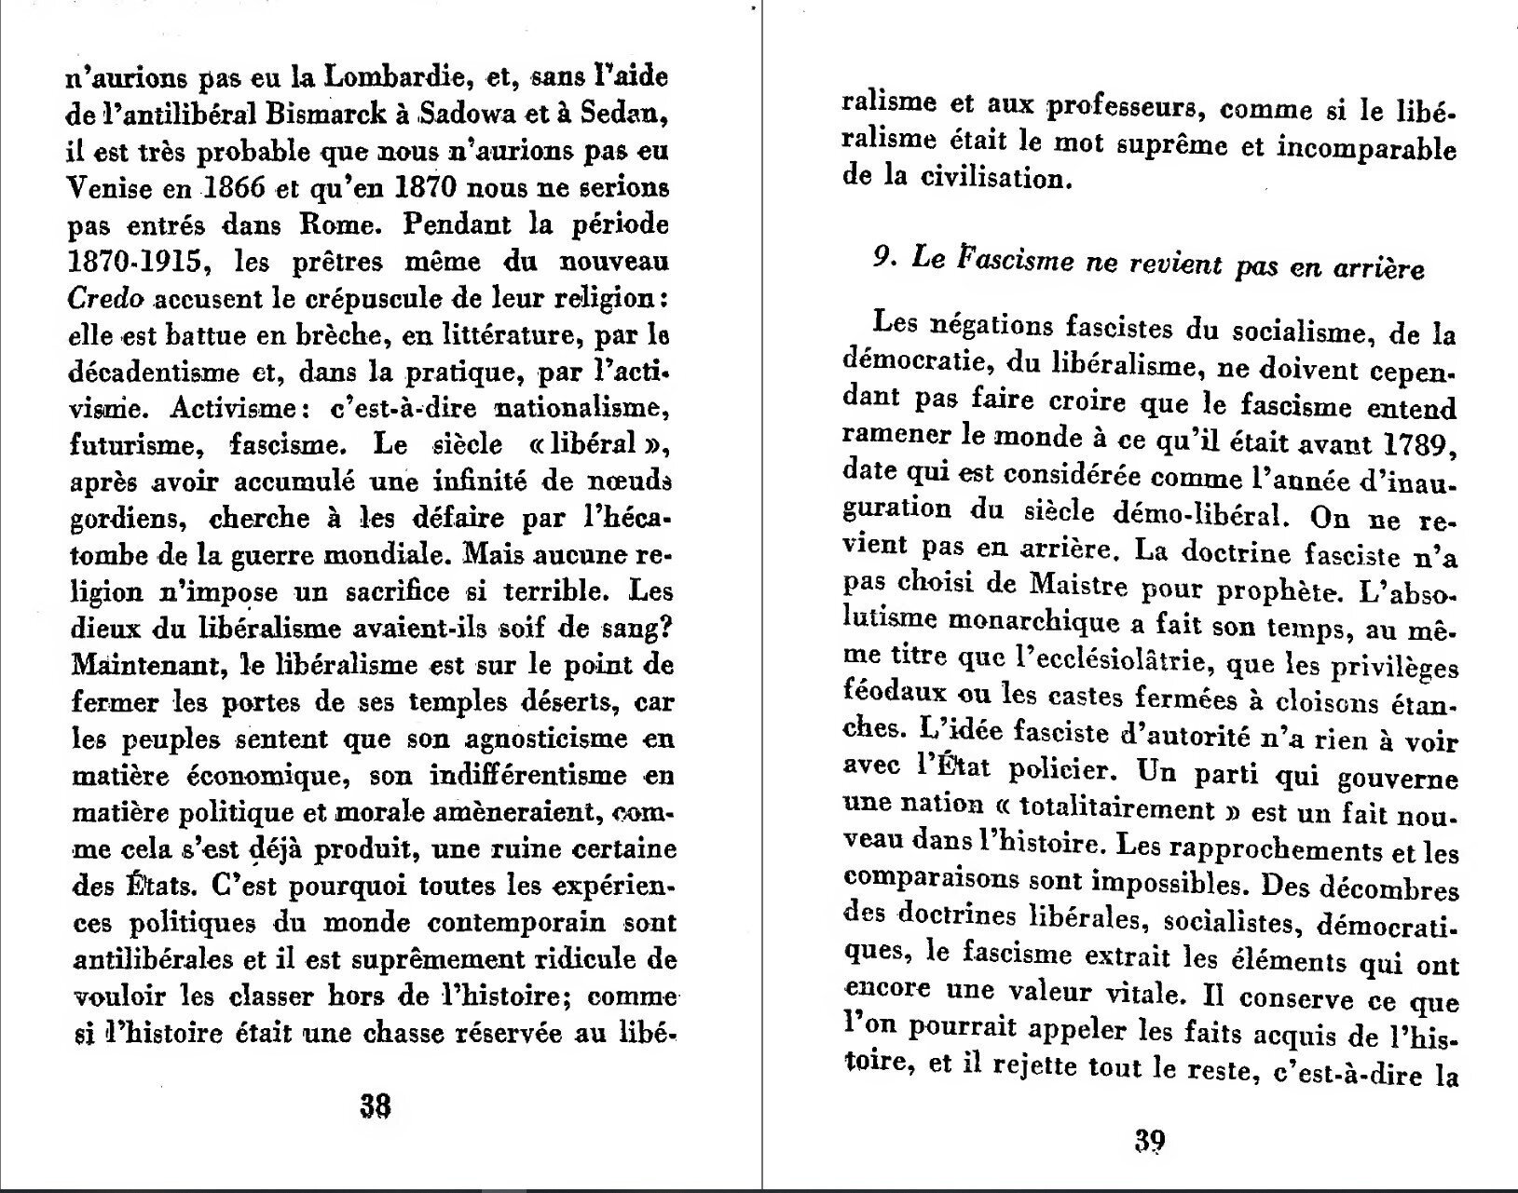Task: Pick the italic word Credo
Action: pyautogui.click(x=105, y=299)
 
